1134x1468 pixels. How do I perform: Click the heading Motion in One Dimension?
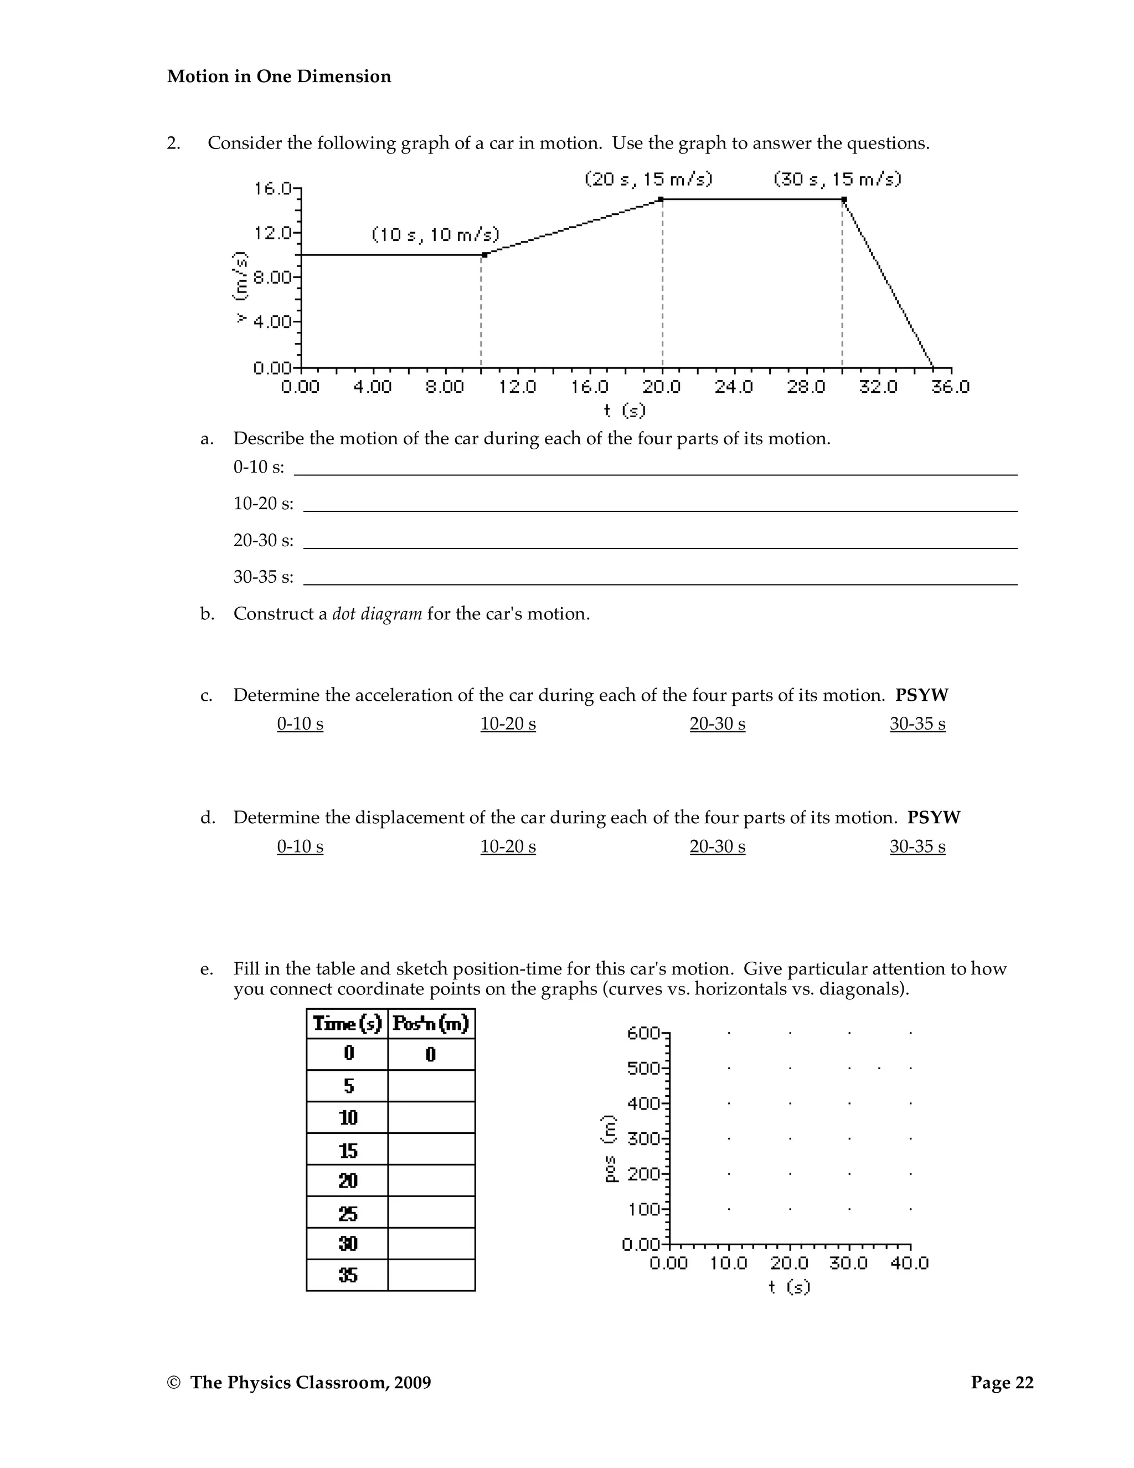tap(279, 76)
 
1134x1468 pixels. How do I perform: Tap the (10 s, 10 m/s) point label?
tap(435, 234)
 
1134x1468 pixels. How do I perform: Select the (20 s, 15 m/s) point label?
tap(648, 179)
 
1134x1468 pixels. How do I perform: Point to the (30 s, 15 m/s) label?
tap(837, 179)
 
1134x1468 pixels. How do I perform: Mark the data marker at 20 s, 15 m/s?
tap(661, 199)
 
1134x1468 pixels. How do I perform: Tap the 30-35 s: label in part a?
tap(264, 577)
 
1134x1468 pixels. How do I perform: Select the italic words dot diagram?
tap(377, 614)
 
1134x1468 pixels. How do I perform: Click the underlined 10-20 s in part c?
tap(508, 724)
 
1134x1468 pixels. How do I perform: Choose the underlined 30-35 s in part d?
tap(917, 846)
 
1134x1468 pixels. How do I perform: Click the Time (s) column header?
tap(347, 1024)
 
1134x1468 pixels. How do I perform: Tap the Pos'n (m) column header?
tap(431, 1024)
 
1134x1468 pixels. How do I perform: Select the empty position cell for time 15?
tap(431, 1151)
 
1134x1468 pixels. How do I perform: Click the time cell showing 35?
tap(347, 1275)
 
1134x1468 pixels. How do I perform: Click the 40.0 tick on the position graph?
tap(909, 1263)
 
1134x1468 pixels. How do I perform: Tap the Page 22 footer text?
tap(1002, 1383)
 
